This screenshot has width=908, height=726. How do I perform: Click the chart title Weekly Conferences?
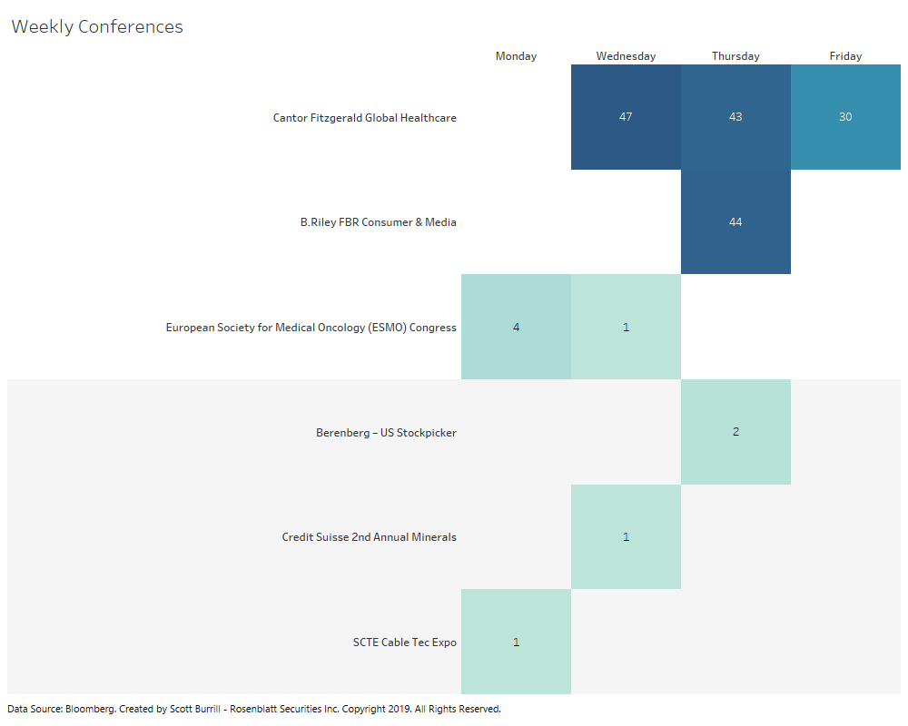(97, 27)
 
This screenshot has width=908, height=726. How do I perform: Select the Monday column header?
(516, 56)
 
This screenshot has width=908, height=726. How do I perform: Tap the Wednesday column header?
(626, 56)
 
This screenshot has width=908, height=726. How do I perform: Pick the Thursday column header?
(735, 56)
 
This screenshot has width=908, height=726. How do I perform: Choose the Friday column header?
(845, 56)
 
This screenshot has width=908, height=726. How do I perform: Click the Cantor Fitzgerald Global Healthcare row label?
(364, 118)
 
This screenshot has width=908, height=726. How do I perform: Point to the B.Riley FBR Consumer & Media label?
(378, 222)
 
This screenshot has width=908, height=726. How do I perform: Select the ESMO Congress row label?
(311, 328)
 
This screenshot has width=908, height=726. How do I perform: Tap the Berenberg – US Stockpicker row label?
(386, 433)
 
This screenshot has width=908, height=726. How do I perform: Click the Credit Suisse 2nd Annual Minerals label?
(369, 537)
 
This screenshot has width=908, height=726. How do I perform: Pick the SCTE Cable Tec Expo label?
(404, 643)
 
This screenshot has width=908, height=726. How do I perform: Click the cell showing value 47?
(626, 117)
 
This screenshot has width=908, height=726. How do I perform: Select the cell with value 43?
(735, 117)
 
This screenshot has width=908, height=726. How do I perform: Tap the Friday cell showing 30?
(845, 117)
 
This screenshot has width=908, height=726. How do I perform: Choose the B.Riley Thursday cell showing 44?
(735, 222)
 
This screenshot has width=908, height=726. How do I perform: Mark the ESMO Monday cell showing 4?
(516, 327)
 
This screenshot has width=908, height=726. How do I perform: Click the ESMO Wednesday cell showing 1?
(626, 327)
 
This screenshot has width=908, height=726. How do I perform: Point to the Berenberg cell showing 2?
(735, 432)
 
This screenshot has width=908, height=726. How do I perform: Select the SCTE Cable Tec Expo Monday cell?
(516, 642)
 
